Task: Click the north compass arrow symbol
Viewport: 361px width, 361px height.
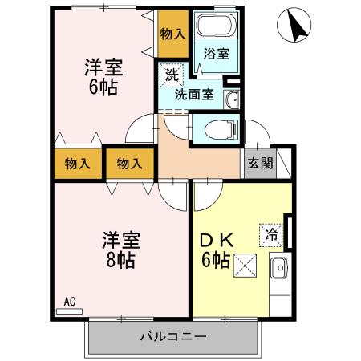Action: pyautogui.click(x=294, y=28)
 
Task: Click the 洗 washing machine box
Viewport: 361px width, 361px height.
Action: pyautogui.click(x=172, y=76)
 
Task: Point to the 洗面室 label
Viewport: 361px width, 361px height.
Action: pyautogui.click(x=195, y=94)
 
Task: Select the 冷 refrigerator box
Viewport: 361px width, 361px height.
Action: pyautogui.click(x=270, y=234)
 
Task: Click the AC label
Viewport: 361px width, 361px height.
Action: pyautogui.click(x=70, y=302)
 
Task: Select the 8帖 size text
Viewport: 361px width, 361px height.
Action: pyautogui.click(x=120, y=259)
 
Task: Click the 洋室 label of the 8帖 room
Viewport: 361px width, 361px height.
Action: pyautogui.click(x=120, y=239)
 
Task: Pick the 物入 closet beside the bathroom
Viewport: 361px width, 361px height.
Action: pyautogui.click(x=172, y=34)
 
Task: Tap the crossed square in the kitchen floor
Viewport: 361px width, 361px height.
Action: pyautogui.click(x=244, y=266)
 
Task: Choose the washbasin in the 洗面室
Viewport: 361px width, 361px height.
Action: pyautogui.click(x=231, y=99)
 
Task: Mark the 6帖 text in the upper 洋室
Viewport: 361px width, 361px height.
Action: pyautogui.click(x=103, y=87)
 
